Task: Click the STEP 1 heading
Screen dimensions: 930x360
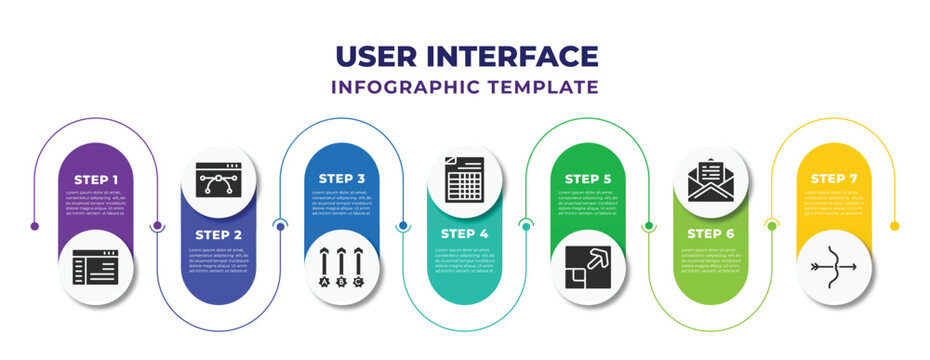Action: point(97,179)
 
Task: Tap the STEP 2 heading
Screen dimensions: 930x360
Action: point(220,234)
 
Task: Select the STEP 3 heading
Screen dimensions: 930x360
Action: point(343,179)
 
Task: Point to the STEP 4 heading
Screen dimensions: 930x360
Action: point(466,234)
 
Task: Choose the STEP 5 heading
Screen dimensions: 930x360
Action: point(589,179)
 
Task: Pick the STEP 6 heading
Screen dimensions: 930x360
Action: point(712,234)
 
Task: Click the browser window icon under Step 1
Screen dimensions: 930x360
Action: point(97,268)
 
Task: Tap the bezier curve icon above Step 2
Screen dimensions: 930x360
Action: point(220,181)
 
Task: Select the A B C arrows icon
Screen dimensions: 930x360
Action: point(343,268)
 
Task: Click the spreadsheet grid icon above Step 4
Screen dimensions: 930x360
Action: point(466,181)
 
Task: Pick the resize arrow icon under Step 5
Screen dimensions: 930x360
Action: point(589,268)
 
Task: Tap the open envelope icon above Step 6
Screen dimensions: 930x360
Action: point(712,180)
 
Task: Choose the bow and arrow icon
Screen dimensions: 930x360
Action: point(835,268)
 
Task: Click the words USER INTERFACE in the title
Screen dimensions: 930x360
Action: point(465,56)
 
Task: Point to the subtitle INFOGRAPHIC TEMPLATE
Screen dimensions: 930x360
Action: point(465,87)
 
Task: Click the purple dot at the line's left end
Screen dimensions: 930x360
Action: point(35,226)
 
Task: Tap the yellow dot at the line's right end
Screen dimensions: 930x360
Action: point(895,226)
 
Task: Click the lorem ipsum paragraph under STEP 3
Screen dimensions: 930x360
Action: point(343,203)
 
